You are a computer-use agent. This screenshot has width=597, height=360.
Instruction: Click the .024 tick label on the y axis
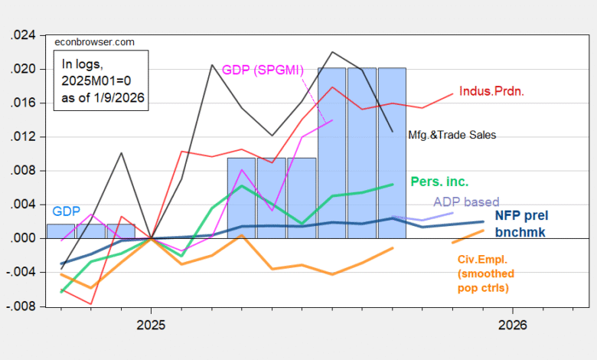click(24, 35)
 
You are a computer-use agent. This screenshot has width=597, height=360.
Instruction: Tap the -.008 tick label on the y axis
click(22, 306)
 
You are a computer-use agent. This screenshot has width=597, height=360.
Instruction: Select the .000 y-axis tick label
click(24, 238)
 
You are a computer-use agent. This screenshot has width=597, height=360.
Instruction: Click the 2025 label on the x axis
click(151, 325)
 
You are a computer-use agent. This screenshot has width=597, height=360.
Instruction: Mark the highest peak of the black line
click(331, 52)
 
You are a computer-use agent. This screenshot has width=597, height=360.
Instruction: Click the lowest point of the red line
click(92, 304)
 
